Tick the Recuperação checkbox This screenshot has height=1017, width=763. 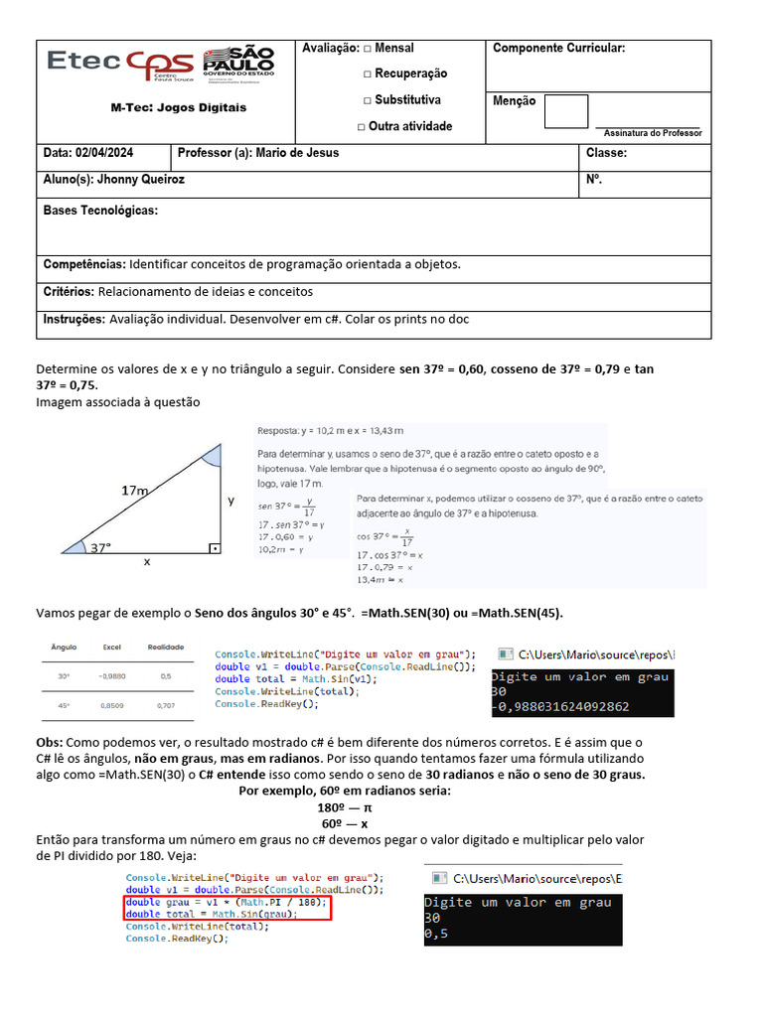(368, 74)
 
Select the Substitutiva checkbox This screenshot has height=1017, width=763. (367, 100)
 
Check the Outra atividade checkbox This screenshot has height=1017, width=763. (361, 127)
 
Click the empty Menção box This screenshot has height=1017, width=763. (565, 111)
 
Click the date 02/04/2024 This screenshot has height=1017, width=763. (104, 153)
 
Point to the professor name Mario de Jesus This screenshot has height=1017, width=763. (297, 153)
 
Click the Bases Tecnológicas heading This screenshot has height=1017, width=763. (100, 211)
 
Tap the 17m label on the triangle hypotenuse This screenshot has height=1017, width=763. (134, 491)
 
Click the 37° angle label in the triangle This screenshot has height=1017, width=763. (101, 547)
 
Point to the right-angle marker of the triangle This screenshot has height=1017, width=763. (213, 547)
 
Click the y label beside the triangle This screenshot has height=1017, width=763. (231, 501)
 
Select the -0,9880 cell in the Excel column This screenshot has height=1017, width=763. (112, 675)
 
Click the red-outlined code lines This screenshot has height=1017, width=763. (226, 909)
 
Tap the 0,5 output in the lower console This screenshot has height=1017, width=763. (434, 935)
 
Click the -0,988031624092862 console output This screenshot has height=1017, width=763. (560, 707)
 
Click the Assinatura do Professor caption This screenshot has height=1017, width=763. (653, 132)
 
